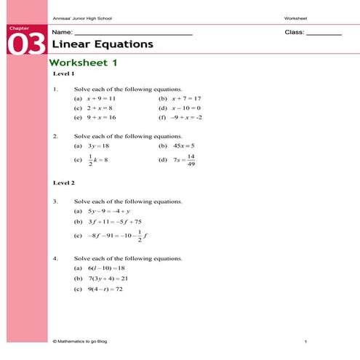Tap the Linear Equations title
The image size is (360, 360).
point(102,44)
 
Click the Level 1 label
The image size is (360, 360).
point(64,74)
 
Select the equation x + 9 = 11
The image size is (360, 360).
point(101,98)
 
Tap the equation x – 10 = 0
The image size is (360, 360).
point(185,108)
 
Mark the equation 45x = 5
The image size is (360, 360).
point(183,145)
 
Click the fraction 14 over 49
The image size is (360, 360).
point(191,160)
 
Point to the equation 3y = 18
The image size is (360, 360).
point(97,145)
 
